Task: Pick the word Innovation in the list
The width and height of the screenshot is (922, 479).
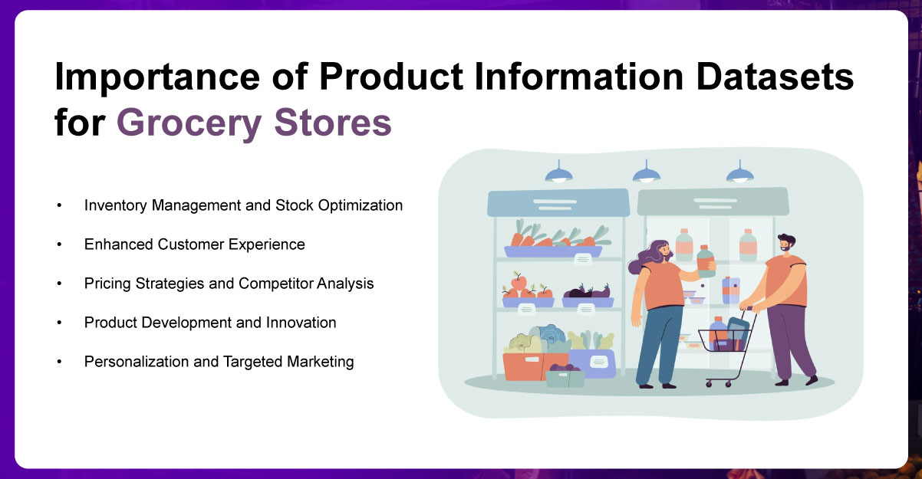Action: coord(300,323)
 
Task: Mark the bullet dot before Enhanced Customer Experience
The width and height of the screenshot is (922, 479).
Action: coord(58,245)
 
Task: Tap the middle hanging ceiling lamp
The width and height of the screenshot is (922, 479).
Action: coord(647,173)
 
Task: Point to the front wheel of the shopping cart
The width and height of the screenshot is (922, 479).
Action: coord(710,382)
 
